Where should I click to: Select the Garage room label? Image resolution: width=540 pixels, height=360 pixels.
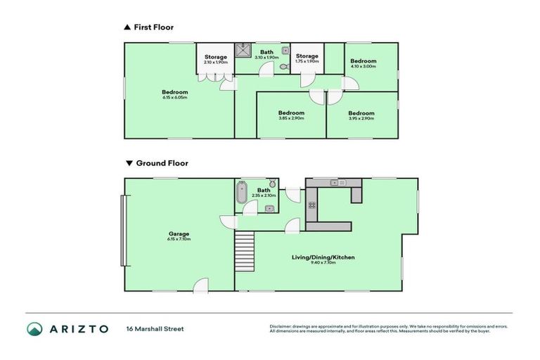(179, 234)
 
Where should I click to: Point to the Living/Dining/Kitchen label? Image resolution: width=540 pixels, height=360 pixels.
(323, 257)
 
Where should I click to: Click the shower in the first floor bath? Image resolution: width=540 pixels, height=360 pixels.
(244, 49)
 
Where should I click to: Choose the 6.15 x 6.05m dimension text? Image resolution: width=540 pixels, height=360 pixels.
(174, 98)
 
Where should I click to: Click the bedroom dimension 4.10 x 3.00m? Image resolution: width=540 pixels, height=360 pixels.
(364, 67)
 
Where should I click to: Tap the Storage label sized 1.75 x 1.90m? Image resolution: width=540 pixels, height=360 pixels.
(307, 61)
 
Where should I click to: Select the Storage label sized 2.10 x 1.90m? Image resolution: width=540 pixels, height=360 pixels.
(215, 62)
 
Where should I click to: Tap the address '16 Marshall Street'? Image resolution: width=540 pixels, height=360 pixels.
(155, 328)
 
